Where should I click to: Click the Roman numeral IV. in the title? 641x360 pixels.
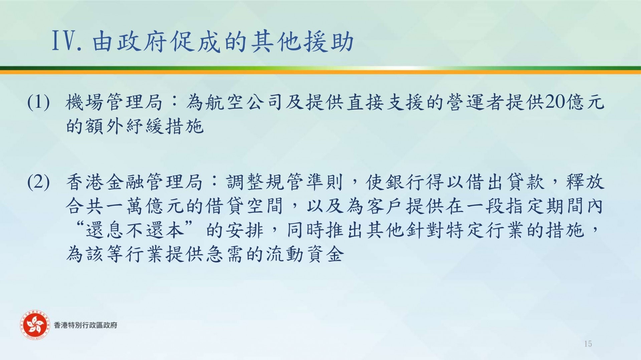[67, 41]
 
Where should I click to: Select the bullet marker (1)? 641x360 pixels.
[39, 102]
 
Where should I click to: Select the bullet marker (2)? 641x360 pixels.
[39, 182]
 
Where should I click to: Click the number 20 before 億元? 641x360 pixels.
[555, 102]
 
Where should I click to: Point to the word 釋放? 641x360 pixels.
[585, 182]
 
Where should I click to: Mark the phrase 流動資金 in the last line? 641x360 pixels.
[304, 254]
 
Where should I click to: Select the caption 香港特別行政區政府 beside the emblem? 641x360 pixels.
[85, 325]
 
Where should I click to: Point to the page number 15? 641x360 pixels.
[588, 344]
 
